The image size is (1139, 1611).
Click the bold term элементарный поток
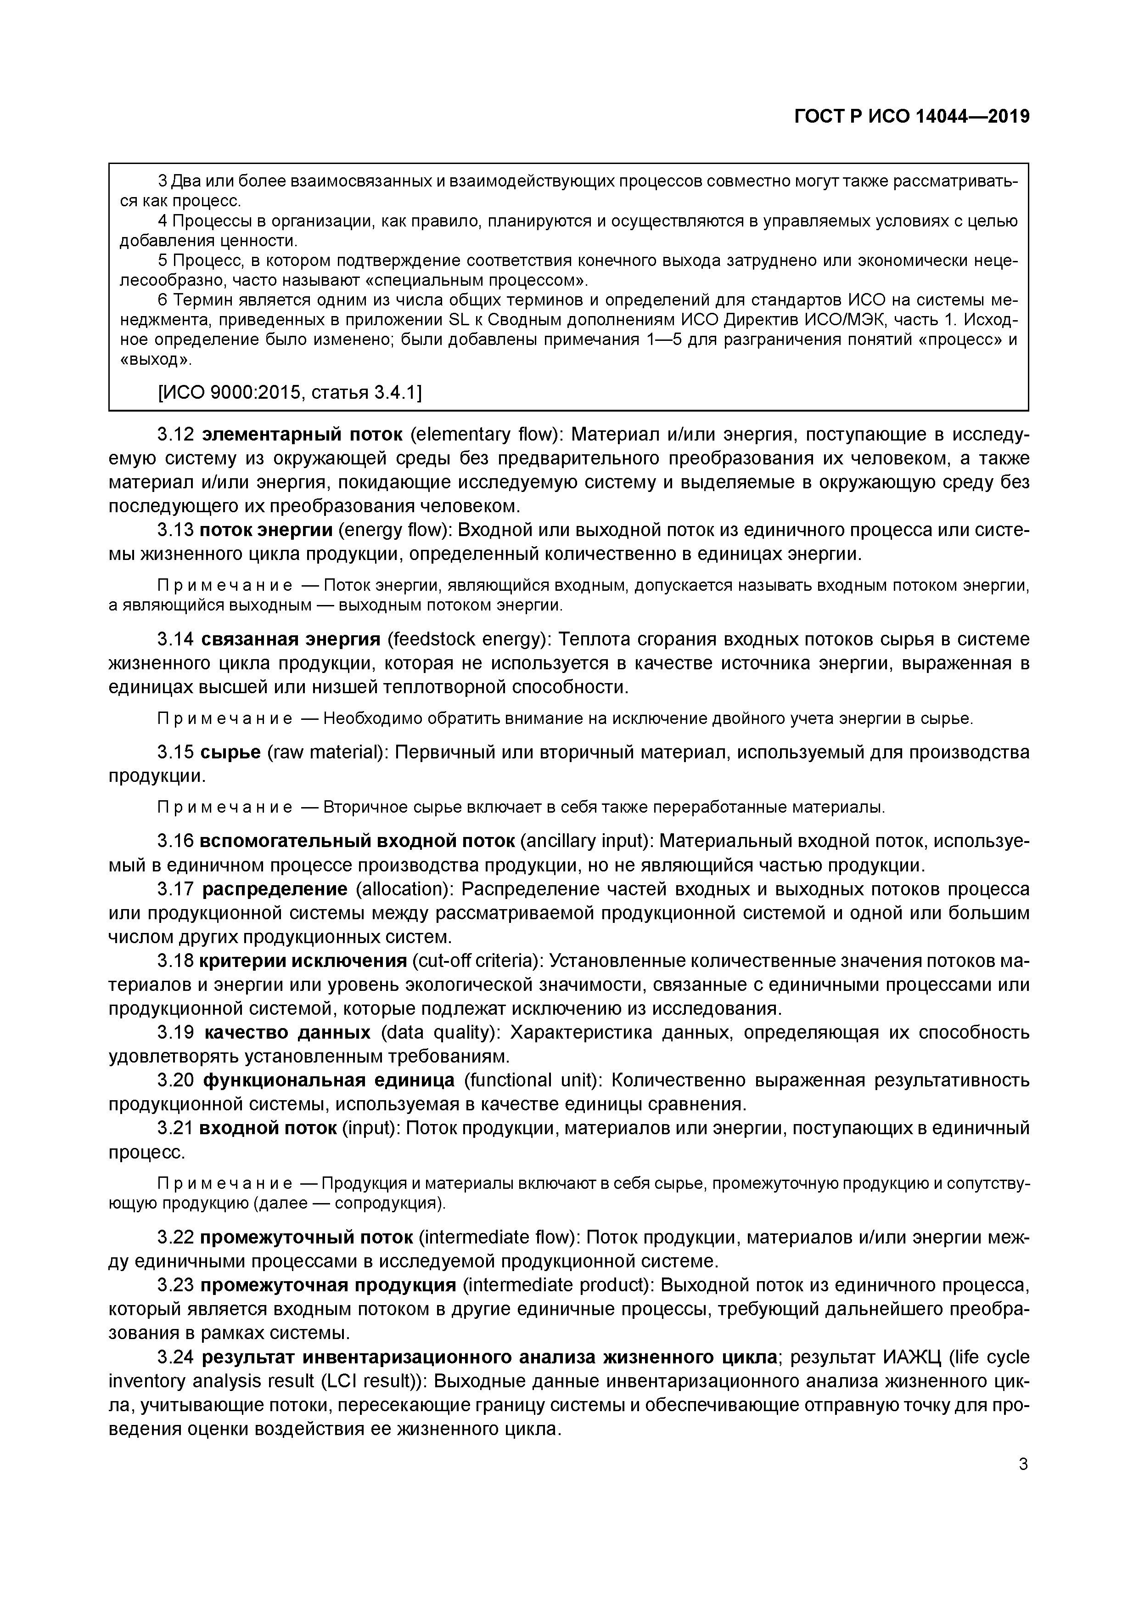(x=302, y=434)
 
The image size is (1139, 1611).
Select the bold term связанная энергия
(x=290, y=639)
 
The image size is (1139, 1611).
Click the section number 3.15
(x=175, y=752)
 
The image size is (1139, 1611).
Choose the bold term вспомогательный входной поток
(x=358, y=841)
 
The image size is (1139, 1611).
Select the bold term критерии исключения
(x=303, y=961)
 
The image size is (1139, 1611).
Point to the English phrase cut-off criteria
(x=477, y=961)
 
